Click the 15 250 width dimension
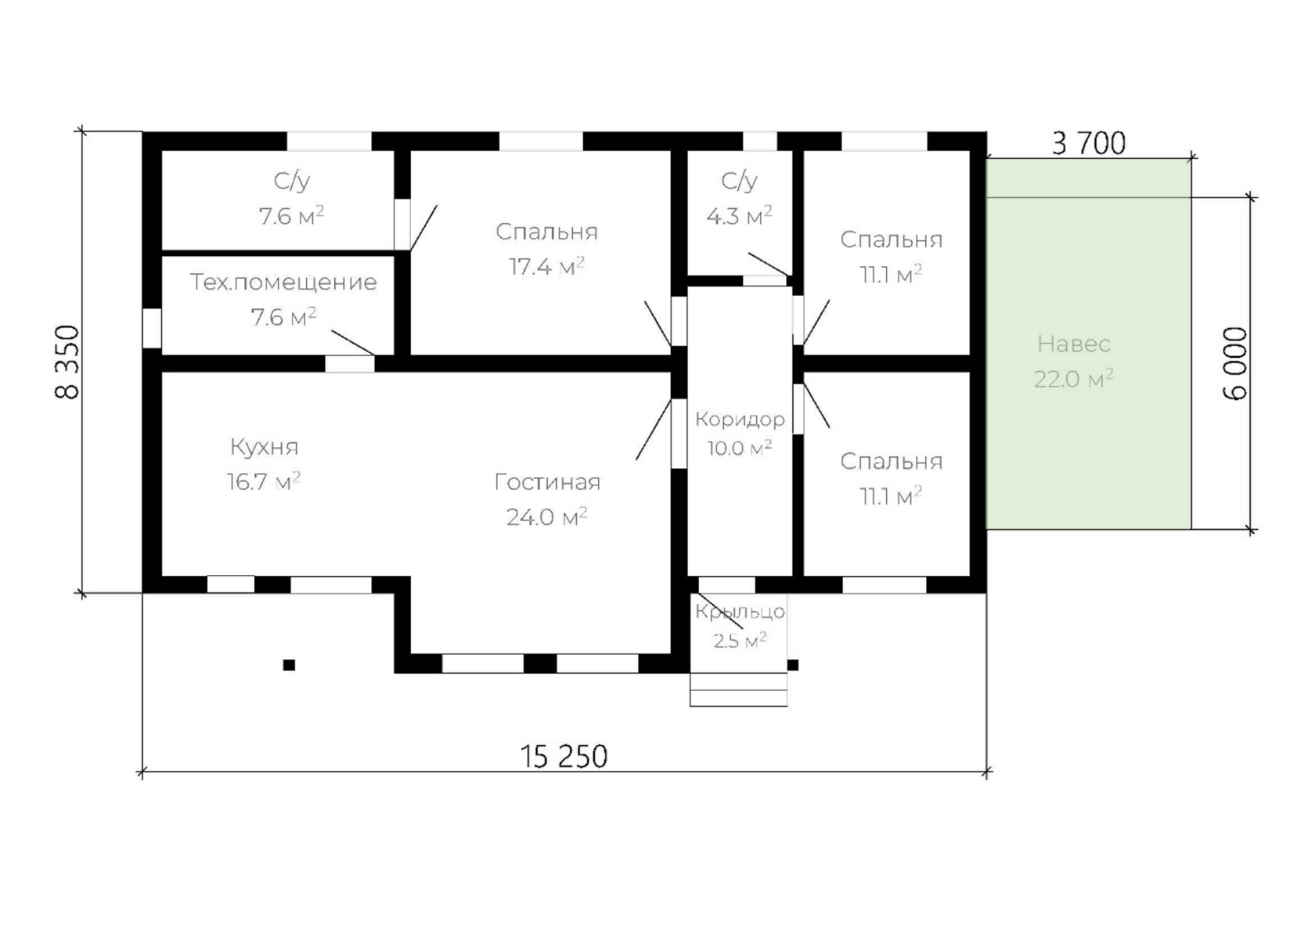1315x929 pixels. pos(564,757)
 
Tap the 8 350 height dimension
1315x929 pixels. pos(67,362)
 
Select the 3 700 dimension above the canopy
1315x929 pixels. pos(1088,144)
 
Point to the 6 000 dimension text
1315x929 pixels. pos(1235,363)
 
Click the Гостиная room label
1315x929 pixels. pos(547,482)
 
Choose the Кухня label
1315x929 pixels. pos(265,447)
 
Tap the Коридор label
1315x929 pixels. pos(740,419)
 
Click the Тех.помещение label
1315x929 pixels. pos(283,283)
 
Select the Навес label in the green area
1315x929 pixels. pos(1074,344)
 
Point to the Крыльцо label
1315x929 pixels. pos(740,611)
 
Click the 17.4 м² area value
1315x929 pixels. pos(546,266)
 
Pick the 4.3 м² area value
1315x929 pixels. pos(739,216)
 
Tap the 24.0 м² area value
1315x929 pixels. pos(546,517)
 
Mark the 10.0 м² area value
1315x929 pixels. pos(739,448)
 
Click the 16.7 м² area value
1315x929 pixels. pos(264,481)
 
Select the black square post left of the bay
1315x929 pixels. pos(289,665)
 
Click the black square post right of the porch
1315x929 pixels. pos(792,665)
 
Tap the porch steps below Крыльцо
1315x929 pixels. pos(739,690)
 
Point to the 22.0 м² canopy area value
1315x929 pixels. pos(1074,379)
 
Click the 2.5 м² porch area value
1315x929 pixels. pos(740,640)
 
